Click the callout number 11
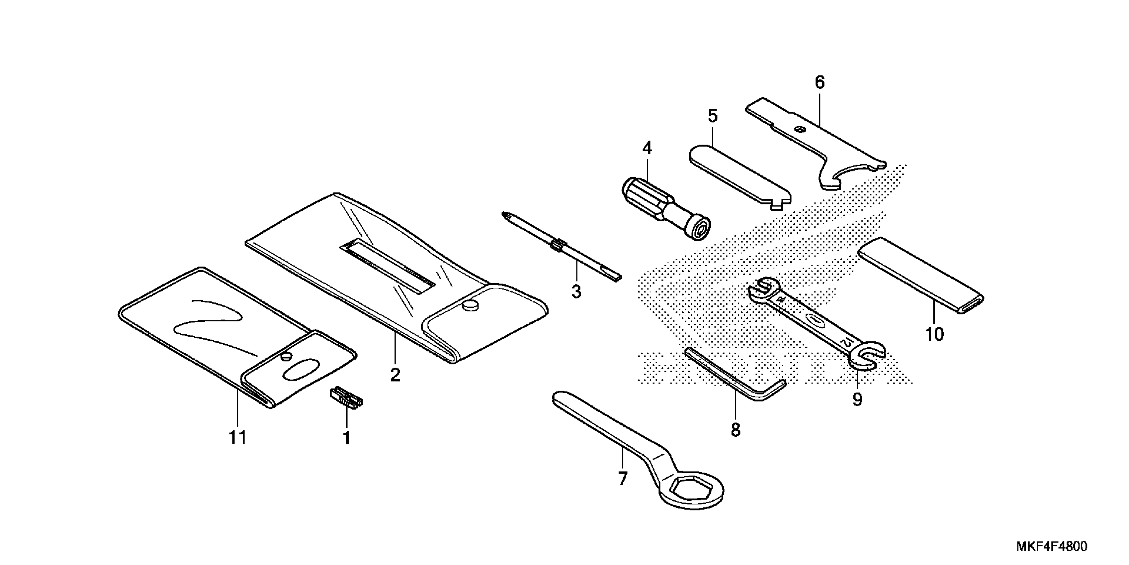click(237, 437)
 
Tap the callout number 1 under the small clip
click(346, 438)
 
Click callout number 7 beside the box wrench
click(622, 478)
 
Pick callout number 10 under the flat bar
click(934, 334)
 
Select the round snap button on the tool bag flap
click(470, 304)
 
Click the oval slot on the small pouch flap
click(302, 369)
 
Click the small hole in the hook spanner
click(800, 129)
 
